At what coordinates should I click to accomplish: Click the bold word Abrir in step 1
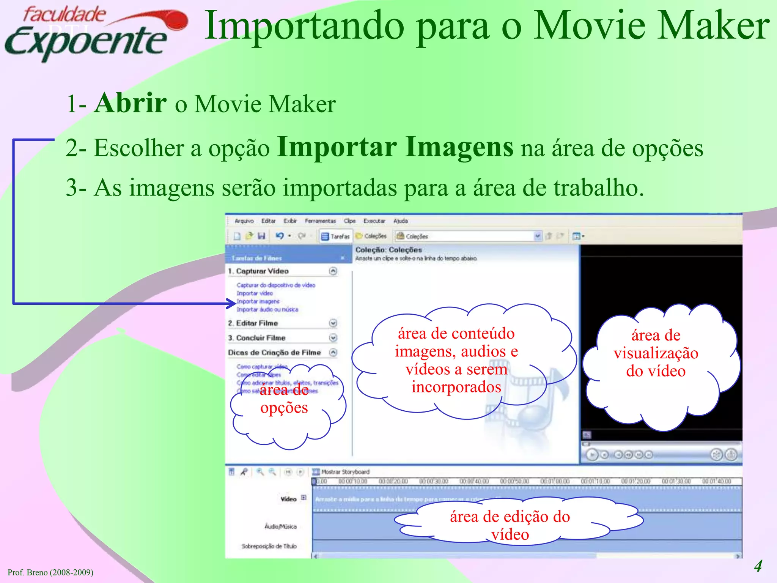click(130, 103)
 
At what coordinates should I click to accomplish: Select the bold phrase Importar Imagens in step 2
click(395, 147)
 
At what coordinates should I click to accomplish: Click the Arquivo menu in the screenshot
click(244, 221)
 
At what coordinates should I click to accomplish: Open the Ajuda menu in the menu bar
click(400, 221)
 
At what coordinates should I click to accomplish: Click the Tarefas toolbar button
click(335, 236)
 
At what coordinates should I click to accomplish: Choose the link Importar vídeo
click(255, 293)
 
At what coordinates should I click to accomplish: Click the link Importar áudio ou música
click(267, 309)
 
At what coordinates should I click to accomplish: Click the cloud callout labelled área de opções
click(285, 410)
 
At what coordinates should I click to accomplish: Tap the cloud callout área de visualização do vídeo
click(656, 364)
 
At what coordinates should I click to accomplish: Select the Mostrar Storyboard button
click(341, 472)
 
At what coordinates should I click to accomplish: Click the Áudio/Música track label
click(280, 526)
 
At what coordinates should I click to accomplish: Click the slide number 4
click(758, 566)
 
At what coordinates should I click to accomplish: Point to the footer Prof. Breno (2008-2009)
click(50, 572)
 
